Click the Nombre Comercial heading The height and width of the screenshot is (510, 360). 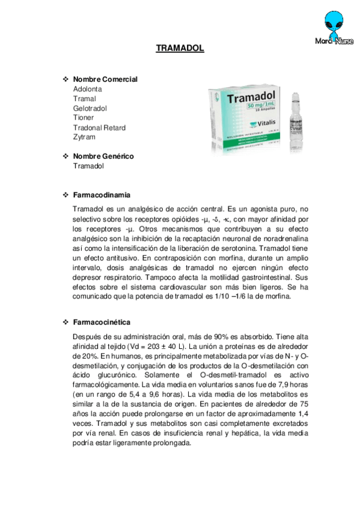(105, 79)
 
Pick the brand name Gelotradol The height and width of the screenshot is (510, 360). (90, 108)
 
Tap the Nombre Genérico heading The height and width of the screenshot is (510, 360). (103, 156)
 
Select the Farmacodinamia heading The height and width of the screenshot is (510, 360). (102, 195)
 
